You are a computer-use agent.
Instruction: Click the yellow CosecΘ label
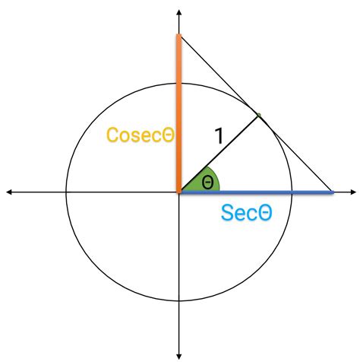coord(140,135)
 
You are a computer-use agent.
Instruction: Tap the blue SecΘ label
coord(246,213)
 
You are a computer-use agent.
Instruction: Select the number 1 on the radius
coord(219,137)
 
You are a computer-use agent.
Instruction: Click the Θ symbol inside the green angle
coord(207,183)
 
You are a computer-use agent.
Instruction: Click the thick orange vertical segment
coord(178,114)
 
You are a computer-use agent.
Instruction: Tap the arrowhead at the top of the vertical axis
coord(178,13)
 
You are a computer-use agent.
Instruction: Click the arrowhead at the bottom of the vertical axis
coord(178,354)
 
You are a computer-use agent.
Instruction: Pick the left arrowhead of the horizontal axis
coord(9,192)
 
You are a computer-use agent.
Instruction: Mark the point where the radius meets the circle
coord(257,116)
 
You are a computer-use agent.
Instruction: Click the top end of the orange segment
coord(178,35)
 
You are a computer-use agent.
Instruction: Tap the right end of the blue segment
coord(333,192)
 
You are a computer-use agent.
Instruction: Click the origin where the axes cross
coord(178,192)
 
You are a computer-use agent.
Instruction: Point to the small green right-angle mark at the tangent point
coord(258,116)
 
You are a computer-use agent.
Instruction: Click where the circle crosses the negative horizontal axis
coord(67,192)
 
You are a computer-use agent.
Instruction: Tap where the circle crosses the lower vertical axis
coord(178,303)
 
